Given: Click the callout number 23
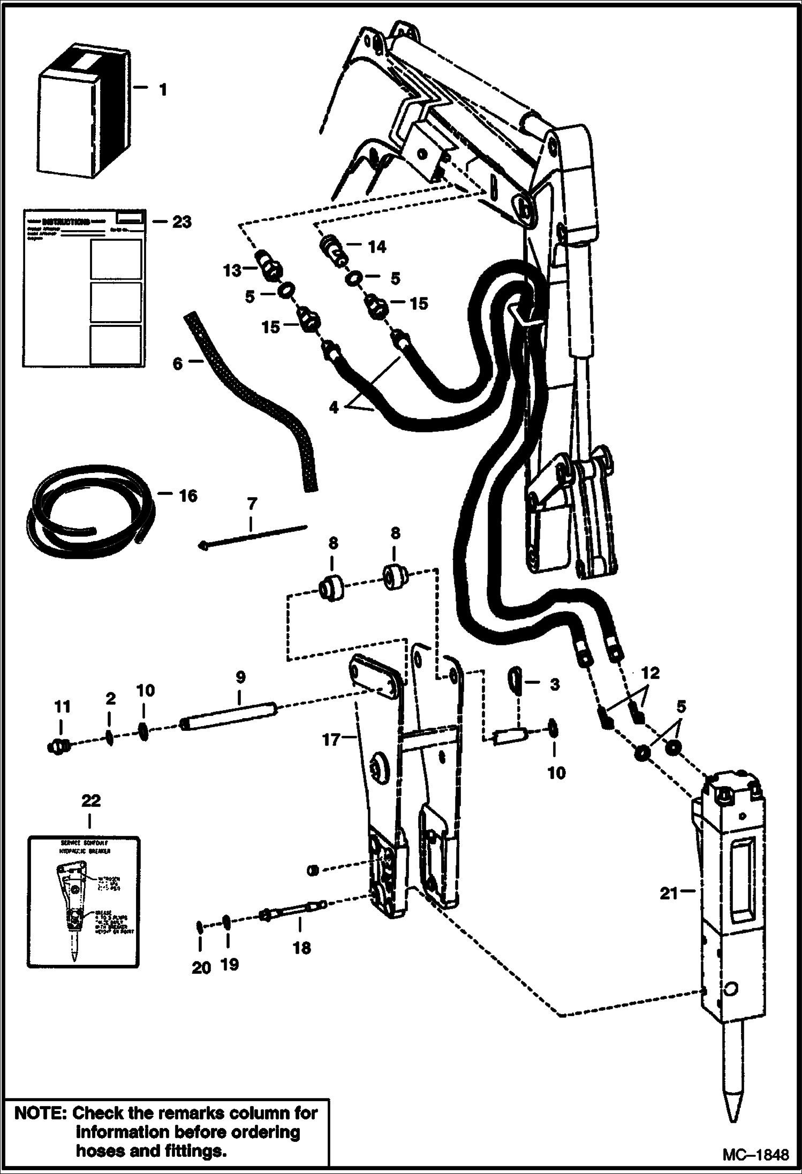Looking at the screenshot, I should (181, 222).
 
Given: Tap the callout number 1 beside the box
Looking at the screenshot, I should (163, 89).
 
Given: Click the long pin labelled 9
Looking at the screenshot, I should (230, 716).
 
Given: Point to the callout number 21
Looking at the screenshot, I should (669, 893).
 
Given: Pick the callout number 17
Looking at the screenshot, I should (331, 740).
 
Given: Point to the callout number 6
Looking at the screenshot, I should (177, 363).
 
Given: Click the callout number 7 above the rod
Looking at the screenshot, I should (252, 504).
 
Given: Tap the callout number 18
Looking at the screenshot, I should (302, 948).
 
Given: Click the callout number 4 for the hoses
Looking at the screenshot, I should (334, 407).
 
